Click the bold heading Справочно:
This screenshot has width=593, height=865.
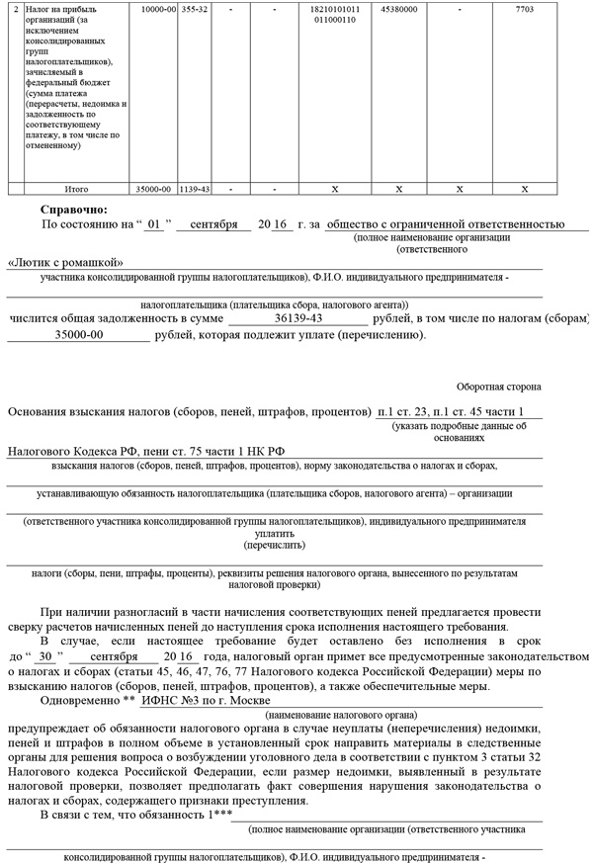pyautogui.click(x=74, y=210)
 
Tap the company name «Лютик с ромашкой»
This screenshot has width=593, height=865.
pyautogui.click(x=64, y=262)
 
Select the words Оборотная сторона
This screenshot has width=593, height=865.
pyautogui.click(x=498, y=386)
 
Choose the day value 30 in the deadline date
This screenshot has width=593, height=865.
pyautogui.click(x=43, y=656)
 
